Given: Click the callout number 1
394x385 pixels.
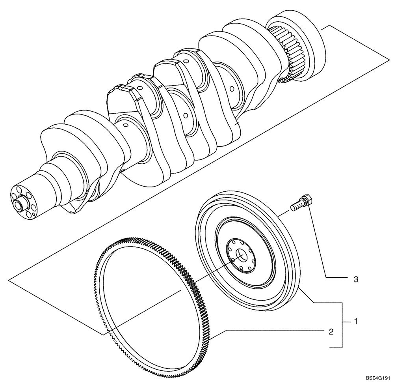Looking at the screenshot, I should click(x=356, y=321).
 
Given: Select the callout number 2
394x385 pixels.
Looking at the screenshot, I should click(x=331, y=331).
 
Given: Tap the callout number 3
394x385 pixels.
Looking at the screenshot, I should click(x=356, y=279).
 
